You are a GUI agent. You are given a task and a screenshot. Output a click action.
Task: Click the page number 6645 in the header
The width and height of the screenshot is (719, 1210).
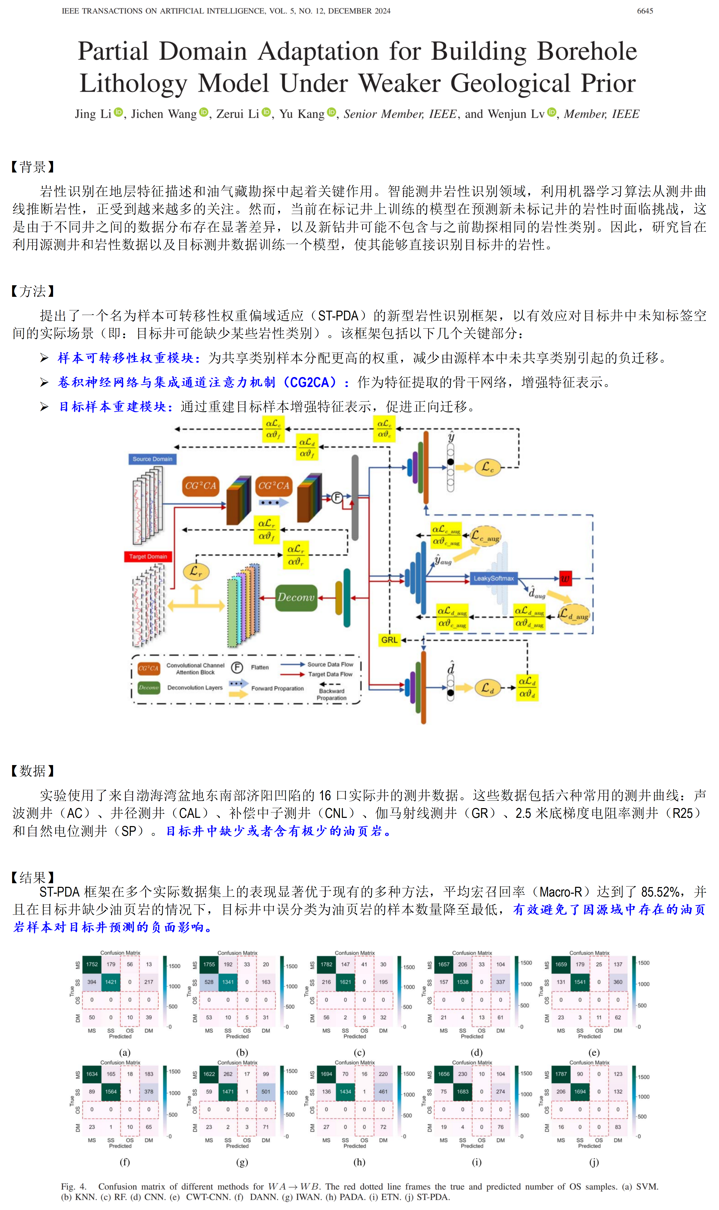coord(644,11)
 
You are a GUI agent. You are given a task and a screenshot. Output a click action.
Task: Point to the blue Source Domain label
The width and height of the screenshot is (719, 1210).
coord(152,459)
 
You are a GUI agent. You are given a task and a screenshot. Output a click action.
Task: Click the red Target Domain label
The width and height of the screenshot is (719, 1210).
coord(148,556)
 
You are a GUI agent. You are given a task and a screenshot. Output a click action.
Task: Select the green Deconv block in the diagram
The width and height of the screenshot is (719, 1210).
coord(295,597)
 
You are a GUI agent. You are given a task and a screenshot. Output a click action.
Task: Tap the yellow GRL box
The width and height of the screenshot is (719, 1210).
coord(389,640)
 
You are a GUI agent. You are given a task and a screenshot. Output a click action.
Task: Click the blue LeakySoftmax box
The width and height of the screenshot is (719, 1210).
coord(493,578)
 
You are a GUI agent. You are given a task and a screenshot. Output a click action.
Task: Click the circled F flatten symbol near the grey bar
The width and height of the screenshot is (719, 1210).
coord(337,497)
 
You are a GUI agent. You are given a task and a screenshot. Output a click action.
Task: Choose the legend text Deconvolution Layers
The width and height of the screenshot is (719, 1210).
coord(195,688)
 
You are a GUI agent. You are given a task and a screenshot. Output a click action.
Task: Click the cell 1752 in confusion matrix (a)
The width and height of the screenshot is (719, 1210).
coord(92,964)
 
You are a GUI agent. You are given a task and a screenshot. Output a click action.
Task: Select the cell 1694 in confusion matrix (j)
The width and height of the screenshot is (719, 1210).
coord(580,1092)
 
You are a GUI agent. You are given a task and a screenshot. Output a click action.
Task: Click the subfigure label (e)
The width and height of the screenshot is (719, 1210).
coord(594,1053)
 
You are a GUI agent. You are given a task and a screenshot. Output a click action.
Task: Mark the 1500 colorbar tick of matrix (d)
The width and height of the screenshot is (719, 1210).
coord(527,963)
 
